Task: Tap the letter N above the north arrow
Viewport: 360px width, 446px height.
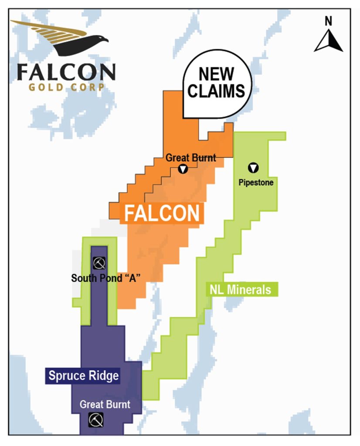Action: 329,20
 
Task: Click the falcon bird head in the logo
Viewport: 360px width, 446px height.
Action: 101,43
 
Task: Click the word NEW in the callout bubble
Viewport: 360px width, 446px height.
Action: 216,74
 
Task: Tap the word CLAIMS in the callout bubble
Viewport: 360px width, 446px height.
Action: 216,91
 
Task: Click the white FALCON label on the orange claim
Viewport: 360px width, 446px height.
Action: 162,213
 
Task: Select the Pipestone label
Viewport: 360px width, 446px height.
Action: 256,182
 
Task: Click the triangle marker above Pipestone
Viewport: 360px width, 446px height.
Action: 253,167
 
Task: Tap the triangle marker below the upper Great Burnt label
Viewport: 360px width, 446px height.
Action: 183,169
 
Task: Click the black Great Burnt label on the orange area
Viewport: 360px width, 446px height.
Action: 191,158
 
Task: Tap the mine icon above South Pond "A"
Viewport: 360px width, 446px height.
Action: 99,263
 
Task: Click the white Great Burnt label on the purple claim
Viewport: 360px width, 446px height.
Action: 105,404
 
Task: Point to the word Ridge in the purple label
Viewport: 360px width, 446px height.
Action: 103,375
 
